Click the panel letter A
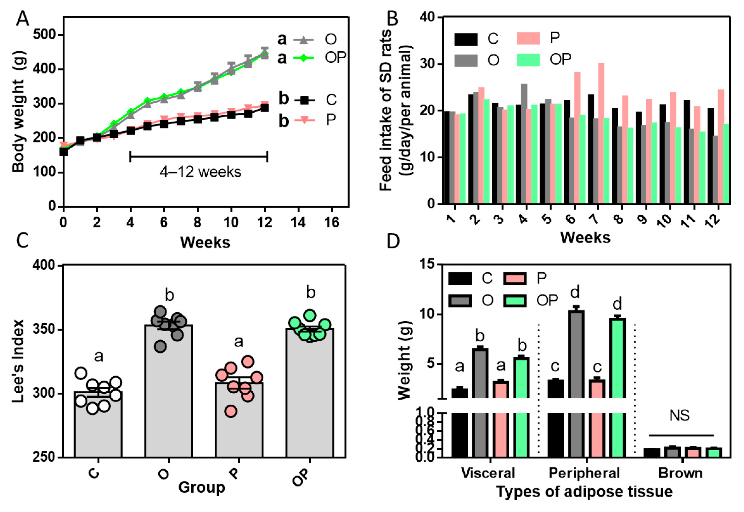point(22,19)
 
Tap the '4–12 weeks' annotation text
point(200,172)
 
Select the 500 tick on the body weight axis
point(45,35)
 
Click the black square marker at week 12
point(264,108)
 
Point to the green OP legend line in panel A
point(303,58)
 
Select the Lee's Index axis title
point(18,361)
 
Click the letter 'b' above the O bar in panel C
point(169,295)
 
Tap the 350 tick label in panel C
point(44,330)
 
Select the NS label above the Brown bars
point(679,416)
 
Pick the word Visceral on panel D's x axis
point(488,473)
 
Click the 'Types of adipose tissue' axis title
point(584,492)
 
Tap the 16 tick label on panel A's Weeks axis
point(331,222)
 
